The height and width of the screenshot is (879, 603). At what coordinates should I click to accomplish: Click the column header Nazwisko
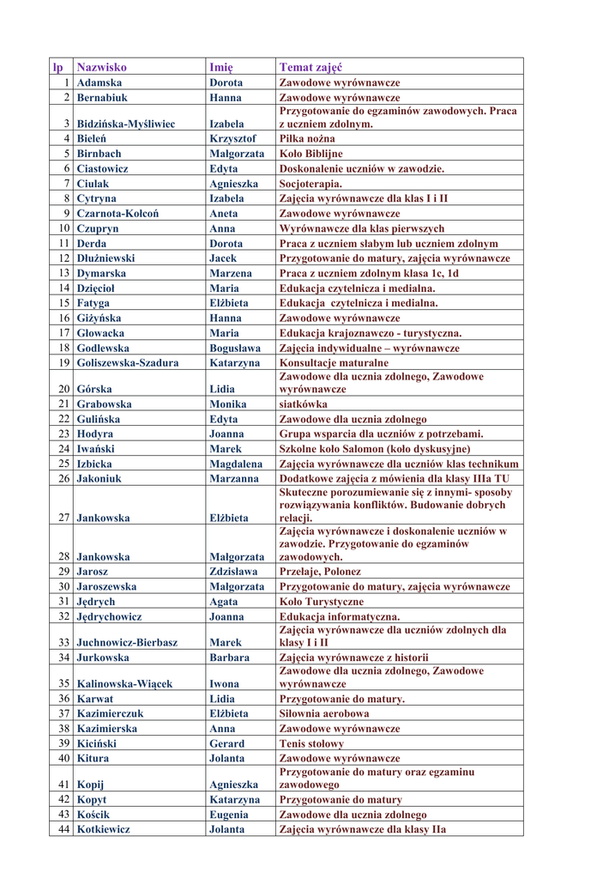[101, 67]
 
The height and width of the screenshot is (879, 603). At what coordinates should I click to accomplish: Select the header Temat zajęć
[311, 67]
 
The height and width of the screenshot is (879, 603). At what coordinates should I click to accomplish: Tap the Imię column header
[221, 67]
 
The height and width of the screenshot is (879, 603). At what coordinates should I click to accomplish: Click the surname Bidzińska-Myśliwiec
[126, 124]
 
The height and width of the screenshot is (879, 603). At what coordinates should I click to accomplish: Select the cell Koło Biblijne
[311, 154]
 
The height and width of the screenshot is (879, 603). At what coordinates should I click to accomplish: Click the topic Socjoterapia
[311, 184]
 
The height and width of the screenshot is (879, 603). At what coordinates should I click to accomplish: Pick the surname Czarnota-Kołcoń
[118, 213]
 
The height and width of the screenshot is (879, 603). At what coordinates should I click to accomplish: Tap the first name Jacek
[223, 258]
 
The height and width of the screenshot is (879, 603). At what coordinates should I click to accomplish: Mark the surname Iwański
[96, 449]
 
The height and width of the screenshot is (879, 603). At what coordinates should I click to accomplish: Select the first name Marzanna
[233, 479]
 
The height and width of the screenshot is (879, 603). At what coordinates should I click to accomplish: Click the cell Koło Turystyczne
[322, 602]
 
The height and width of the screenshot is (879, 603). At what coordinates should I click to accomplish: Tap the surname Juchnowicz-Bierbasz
[127, 642]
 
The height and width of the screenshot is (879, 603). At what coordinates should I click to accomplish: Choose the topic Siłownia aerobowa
[324, 713]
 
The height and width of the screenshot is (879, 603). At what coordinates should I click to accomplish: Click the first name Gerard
[226, 743]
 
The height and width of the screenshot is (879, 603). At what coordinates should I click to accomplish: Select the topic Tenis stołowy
[311, 743]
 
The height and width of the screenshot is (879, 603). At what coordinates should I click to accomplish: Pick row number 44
[63, 829]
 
